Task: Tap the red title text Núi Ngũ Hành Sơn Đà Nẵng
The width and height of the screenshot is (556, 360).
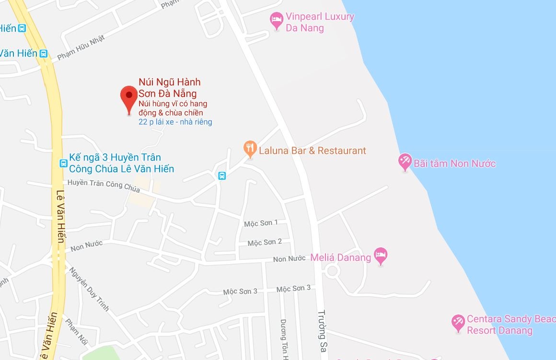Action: [169, 88]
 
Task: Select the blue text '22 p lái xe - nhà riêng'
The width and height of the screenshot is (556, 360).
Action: [175, 122]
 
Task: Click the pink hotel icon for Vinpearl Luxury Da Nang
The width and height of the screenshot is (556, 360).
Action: [276, 20]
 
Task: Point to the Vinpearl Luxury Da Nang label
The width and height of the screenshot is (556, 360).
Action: [320, 22]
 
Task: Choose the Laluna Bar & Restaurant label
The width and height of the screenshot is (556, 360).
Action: [312, 151]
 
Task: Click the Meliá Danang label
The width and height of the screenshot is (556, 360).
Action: [340, 257]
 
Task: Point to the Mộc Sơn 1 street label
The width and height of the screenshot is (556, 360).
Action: [261, 223]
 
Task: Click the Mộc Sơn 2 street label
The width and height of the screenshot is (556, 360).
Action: [265, 243]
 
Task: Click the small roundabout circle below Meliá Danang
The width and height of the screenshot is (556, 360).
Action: [332, 271]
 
